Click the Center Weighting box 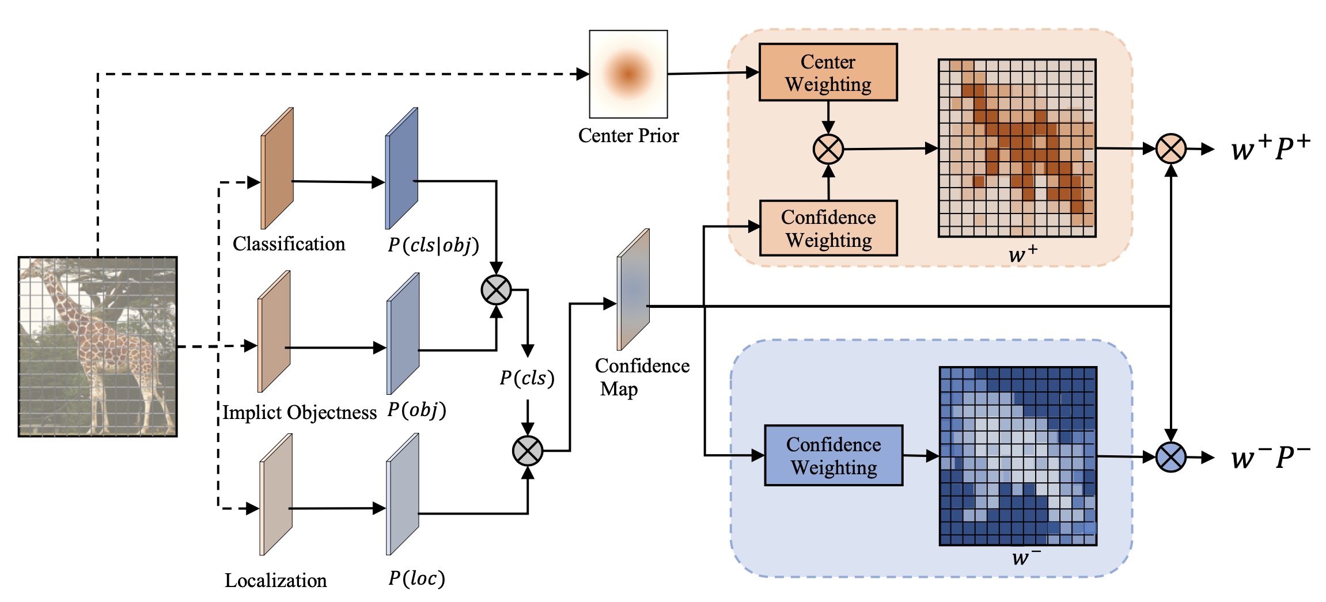tap(828, 73)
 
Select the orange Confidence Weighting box tap(828, 228)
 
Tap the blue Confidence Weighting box tap(834, 456)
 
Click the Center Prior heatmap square tap(628, 74)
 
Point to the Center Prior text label tap(628, 136)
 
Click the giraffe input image tap(98, 346)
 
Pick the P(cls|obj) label tap(433, 245)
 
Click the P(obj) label tap(416, 410)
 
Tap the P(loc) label tap(416, 578)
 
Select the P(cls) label tap(527, 378)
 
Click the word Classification tap(289, 244)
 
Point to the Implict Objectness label tap(300, 413)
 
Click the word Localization tap(275, 580)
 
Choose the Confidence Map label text tap(642, 377)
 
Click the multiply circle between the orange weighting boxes tap(828, 150)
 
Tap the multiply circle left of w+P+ tap(1171, 148)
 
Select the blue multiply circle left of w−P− tap(1171, 458)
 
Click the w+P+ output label tap(1270, 148)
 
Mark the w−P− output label tap(1270, 458)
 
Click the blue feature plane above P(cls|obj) tap(402, 168)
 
